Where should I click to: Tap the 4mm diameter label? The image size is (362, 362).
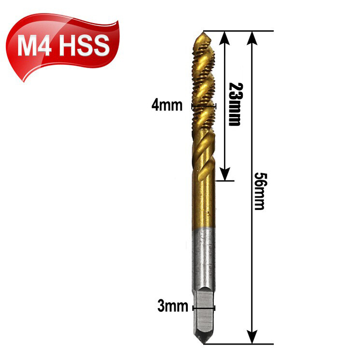click(x=167, y=105)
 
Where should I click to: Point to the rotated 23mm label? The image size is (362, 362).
click(x=235, y=104)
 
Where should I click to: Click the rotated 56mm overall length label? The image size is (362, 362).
click(x=260, y=191)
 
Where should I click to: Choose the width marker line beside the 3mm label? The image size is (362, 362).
click(x=204, y=307)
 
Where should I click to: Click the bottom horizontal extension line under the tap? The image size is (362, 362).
click(x=241, y=344)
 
